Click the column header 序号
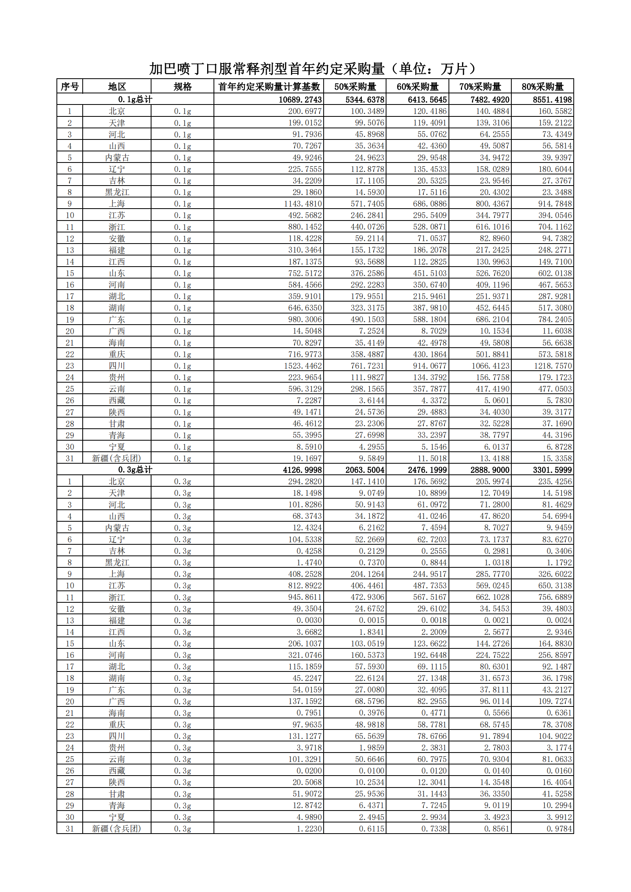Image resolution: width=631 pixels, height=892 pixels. tap(70, 87)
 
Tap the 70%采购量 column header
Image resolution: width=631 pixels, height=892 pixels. tap(480, 87)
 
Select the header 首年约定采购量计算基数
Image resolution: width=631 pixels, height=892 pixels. tap(269, 87)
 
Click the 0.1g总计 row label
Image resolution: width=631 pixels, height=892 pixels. tap(135, 99)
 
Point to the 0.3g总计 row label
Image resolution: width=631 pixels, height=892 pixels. tap(135, 470)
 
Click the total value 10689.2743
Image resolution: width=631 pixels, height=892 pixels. tap(300, 100)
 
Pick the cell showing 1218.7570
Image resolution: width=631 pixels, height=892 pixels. tap(553, 366)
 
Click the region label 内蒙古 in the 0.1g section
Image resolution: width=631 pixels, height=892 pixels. tap(117, 158)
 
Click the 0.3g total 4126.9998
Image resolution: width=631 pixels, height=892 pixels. tap(302, 470)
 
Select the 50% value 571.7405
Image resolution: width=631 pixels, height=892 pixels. tap(367, 204)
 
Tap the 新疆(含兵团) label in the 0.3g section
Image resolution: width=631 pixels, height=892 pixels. tap(116, 829)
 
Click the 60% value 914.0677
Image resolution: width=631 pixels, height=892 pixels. tap(430, 366)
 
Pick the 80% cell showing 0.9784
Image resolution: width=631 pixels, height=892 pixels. tap(559, 829)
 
